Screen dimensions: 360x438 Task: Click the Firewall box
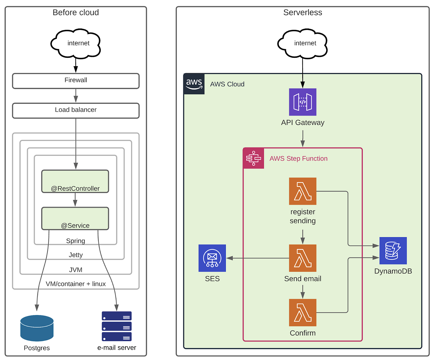76,81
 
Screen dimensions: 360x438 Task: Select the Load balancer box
76,111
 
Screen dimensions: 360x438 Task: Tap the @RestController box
75,181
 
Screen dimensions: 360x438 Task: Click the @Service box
75,218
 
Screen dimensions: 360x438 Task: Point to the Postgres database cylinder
37,328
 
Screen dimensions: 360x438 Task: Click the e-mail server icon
117,326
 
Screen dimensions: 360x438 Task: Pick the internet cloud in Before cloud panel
76,43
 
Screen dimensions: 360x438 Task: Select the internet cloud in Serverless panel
303,43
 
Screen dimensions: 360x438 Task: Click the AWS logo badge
194,84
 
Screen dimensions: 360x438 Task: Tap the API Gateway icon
303,102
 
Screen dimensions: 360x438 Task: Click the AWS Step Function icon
253,158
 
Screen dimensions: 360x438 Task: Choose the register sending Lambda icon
303,191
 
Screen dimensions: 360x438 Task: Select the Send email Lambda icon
303,258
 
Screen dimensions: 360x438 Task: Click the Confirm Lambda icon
303,312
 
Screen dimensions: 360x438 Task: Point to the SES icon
212,258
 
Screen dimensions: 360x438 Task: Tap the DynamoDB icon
393,251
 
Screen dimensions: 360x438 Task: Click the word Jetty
76,255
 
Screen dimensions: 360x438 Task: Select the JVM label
76,270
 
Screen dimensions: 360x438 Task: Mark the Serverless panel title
303,12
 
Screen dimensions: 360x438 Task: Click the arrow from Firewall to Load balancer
76,96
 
